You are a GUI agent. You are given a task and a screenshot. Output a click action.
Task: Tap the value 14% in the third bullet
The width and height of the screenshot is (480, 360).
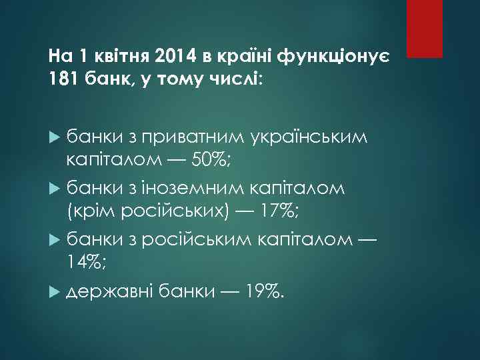pos(84,264)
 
